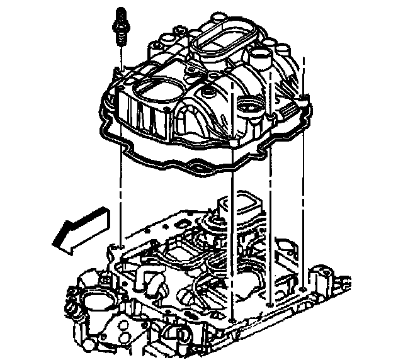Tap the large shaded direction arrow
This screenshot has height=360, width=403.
coord(79,227)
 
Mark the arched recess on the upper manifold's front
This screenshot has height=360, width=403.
coord(191,122)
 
